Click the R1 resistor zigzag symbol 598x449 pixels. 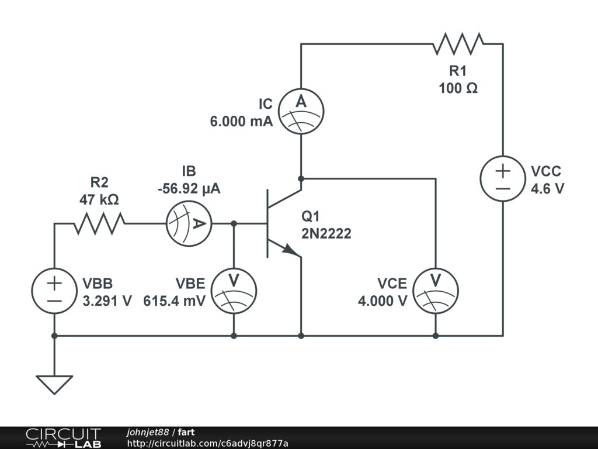coord(458,43)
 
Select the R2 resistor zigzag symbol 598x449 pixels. coord(99,223)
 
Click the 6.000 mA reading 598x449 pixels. coord(241,122)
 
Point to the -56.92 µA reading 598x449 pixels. coord(189,189)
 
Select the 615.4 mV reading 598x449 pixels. coord(174,301)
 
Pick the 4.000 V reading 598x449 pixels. coord(383,301)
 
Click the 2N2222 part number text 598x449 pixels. coord(326,234)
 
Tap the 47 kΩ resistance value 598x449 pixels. coord(99,200)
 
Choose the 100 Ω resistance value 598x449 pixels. coord(458,88)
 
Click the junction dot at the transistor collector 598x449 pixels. coord(301,178)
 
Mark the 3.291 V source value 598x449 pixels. coord(107,301)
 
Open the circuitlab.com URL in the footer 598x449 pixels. coord(207,443)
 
